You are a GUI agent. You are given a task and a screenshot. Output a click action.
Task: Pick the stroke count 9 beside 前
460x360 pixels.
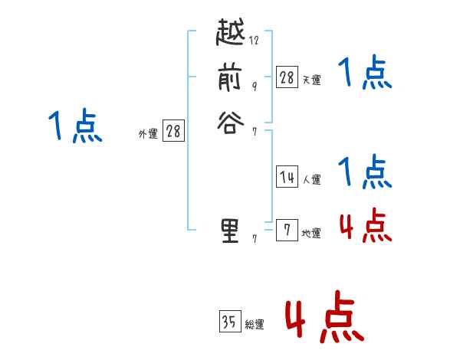[x=254, y=86]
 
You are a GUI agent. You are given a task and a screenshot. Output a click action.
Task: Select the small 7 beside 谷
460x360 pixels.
[x=254, y=130]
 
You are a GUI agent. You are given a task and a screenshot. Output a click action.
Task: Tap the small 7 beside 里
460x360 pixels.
[x=254, y=239]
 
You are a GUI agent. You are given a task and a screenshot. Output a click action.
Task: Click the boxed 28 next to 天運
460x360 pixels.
[x=287, y=77]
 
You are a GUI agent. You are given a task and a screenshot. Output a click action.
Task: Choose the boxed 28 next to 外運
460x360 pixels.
[x=173, y=132]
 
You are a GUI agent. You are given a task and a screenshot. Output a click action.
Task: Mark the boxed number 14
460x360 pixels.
[x=287, y=177]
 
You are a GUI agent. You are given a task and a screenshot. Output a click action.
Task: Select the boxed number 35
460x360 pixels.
[x=228, y=322]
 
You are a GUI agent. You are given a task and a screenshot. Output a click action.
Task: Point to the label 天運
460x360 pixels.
[x=311, y=80]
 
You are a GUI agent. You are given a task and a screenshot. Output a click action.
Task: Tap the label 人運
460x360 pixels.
[x=311, y=180]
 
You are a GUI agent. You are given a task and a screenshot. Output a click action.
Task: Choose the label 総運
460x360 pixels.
[x=255, y=325]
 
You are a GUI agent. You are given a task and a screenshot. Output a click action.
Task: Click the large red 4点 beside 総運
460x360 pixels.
[x=324, y=316]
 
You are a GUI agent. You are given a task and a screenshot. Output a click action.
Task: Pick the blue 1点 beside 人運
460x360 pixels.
[x=364, y=172]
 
